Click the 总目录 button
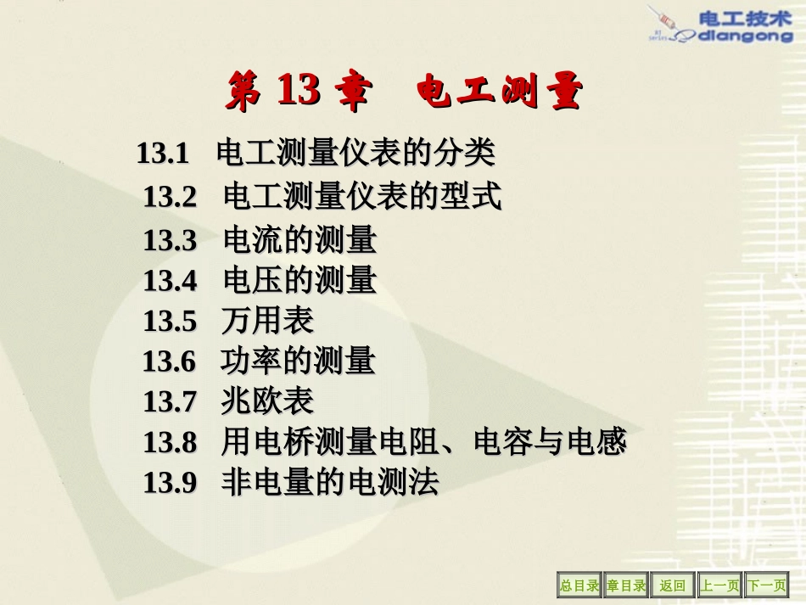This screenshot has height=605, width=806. point(579,585)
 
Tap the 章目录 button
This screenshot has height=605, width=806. point(626,585)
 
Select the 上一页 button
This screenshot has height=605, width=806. point(719,585)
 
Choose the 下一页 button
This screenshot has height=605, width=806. point(766,585)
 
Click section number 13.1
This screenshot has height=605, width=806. point(161,154)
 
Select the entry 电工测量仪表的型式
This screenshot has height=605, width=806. point(362,197)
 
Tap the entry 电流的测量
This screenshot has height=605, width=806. point(299,240)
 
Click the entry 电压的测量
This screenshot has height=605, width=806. point(299,280)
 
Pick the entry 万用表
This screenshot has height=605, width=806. point(268,321)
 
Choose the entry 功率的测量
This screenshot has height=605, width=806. point(298,361)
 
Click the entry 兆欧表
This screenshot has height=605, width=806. point(268,401)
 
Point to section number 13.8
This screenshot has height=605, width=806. point(170,442)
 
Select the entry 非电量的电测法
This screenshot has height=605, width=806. point(330,483)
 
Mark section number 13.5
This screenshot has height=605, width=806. point(170,321)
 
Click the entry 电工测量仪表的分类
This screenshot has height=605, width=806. point(355,154)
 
